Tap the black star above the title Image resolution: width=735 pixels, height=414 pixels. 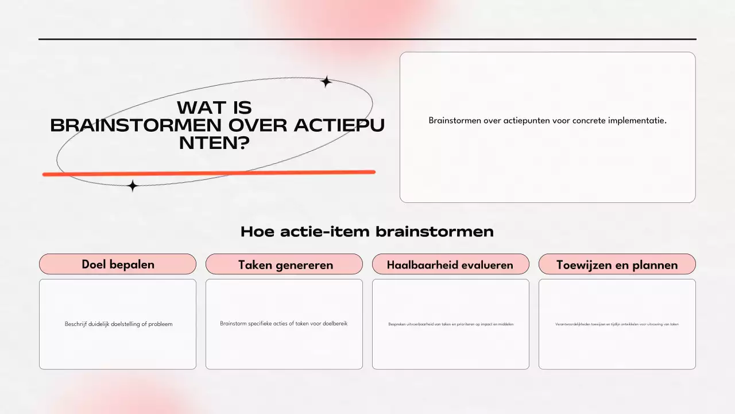[x=326, y=82]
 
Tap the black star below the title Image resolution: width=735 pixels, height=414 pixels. [x=133, y=186]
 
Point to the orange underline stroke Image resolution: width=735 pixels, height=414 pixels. [x=209, y=172]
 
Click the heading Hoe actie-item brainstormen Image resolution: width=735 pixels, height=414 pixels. [x=367, y=232]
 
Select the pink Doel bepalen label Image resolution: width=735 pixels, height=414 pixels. [x=118, y=264]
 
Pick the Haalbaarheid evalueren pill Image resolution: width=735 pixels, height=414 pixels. [x=450, y=264]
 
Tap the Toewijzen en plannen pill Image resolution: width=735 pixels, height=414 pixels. [x=617, y=264]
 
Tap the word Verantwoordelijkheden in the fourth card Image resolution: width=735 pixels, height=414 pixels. [x=572, y=324]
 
